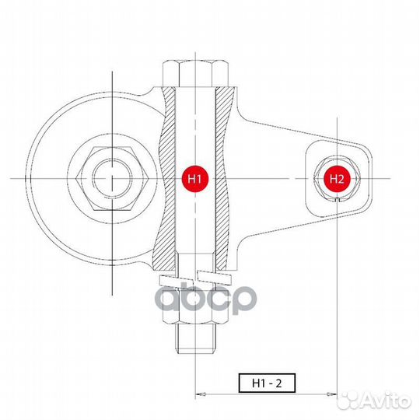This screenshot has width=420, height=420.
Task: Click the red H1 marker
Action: pos(195,178)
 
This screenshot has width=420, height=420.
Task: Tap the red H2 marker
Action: pos(336,178)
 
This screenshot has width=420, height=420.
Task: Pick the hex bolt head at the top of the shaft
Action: pos(195,73)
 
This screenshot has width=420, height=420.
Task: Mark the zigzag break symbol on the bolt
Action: pos(195,278)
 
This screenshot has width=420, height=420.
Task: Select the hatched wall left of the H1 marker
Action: pos(166,178)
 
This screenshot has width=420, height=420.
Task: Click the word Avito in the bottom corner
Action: pos(387,399)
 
